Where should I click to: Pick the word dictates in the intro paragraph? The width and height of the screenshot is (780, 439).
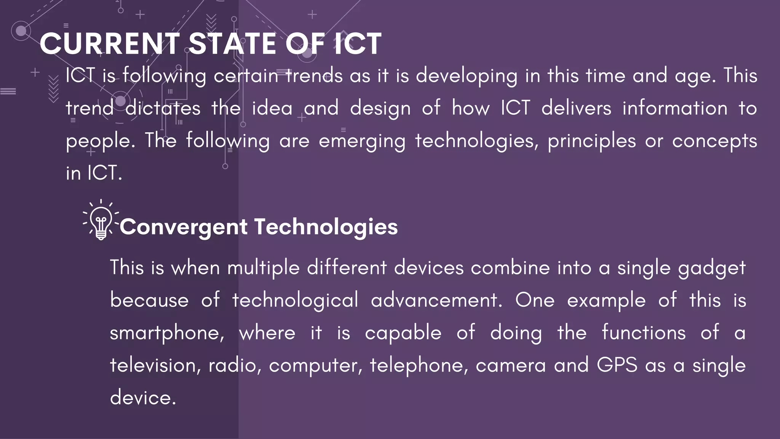(163, 108)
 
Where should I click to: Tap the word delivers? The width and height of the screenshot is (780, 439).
(576, 108)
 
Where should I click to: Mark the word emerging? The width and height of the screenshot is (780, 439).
(362, 141)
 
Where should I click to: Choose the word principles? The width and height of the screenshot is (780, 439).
(592, 141)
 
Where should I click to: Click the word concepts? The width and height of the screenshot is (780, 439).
(714, 141)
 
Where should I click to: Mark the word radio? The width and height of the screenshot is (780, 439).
(235, 365)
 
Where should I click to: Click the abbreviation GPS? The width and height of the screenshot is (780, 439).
(617, 365)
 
